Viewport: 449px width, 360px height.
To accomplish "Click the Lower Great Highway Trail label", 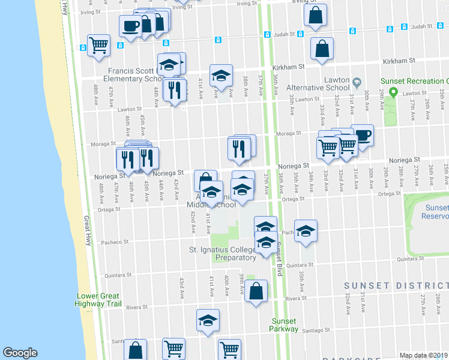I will click(x=98, y=300).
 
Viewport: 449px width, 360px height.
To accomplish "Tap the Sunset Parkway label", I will click(x=284, y=325).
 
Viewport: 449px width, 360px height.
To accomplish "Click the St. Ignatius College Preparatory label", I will click(x=223, y=253).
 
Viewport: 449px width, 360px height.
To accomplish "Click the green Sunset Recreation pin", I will click(x=394, y=93).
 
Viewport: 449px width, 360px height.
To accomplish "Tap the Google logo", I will click(x=20, y=353).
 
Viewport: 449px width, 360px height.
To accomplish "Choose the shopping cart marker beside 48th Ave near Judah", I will click(x=98, y=45).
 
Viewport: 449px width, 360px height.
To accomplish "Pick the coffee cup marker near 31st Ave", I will click(x=362, y=135).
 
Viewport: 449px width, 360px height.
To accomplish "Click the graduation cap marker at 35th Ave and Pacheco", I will click(x=306, y=232).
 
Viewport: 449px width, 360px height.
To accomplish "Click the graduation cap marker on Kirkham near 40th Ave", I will click(x=221, y=76).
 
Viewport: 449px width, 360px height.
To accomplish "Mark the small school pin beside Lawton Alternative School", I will click(x=357, y=82).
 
